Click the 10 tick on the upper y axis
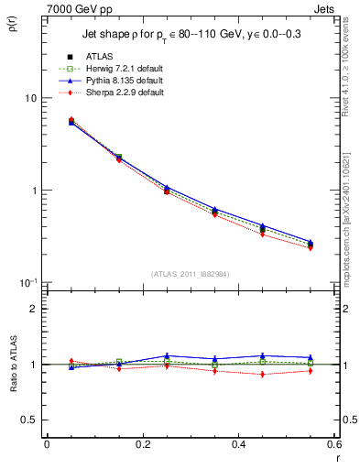(x=30, y=98)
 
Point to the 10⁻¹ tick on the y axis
(x=28, y=282)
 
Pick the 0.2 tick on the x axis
(x=143, y=444)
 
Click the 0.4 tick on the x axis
(x=239, y=444)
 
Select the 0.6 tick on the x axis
(x=334, y=444)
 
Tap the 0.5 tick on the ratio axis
(x=29, y=420)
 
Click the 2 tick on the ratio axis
(x=34, y=309)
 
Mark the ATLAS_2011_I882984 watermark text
(x=191, y=273)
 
